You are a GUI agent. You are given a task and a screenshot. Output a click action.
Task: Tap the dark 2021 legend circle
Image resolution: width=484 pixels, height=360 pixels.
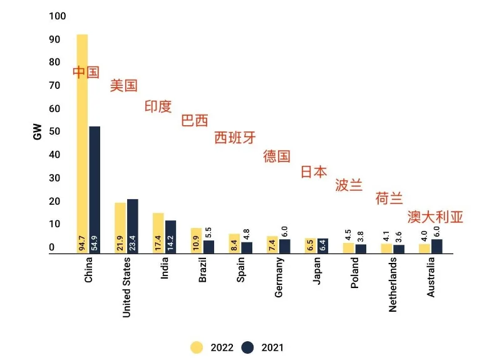(x=247, y=347)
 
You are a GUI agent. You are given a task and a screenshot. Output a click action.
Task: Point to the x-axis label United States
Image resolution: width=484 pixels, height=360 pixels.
(x=126, y=287)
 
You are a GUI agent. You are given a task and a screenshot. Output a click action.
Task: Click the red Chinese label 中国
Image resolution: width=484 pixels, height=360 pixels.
(x=86, y=72)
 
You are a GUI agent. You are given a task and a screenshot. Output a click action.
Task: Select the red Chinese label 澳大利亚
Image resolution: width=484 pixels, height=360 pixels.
(x=435, y=217)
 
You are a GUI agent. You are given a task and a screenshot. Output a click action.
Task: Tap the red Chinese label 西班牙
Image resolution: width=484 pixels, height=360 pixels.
(x=235, y=138)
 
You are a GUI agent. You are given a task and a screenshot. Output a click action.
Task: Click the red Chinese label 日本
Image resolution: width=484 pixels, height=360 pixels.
(x=314, y=172)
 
